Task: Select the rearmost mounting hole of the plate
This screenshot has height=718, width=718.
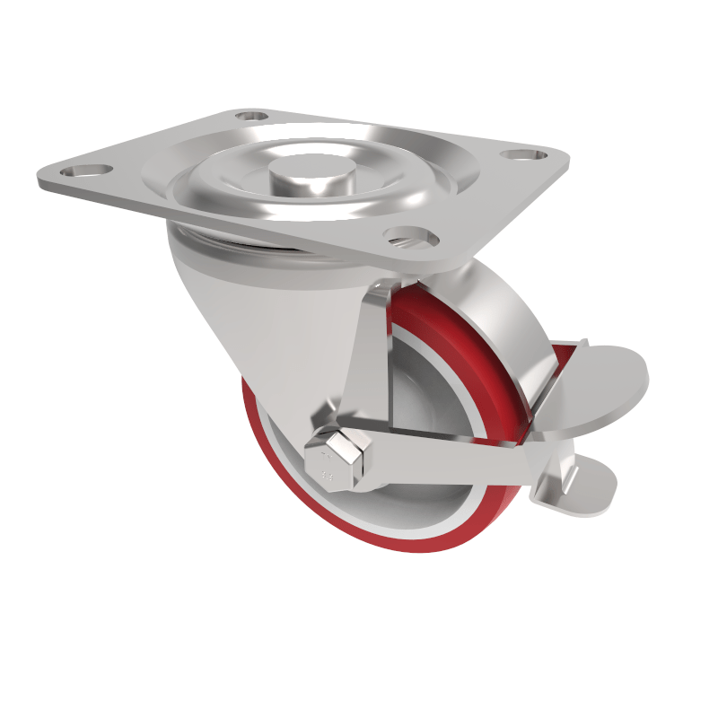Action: [x=252, y=116]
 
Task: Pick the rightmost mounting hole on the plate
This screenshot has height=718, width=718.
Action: [x=520, y=154]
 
